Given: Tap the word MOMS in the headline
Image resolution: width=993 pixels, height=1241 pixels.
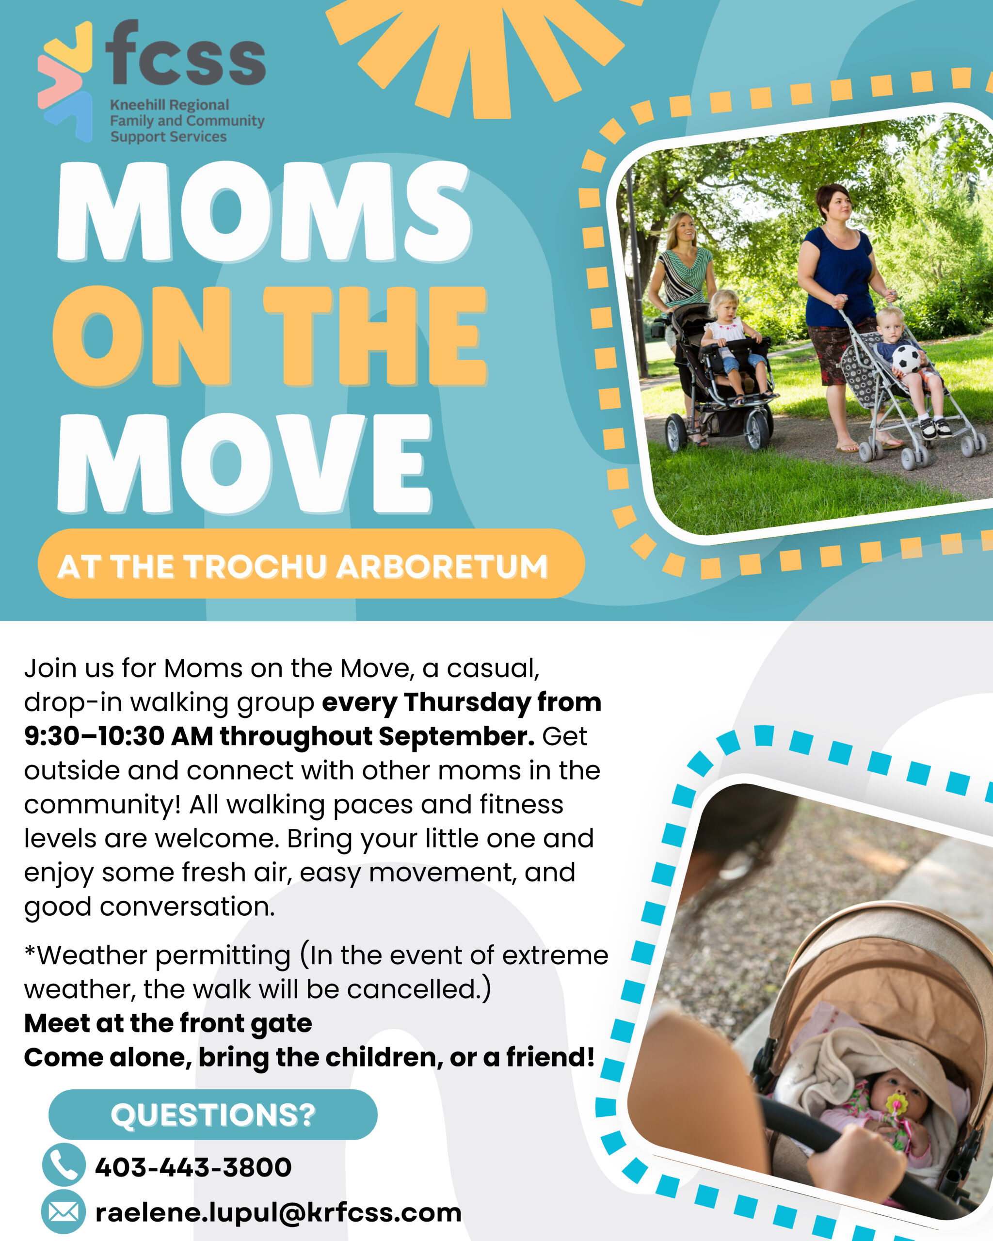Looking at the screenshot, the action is click(x=264, y=211).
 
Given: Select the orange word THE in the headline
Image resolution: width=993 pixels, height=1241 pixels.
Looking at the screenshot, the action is click(x=375, y=335).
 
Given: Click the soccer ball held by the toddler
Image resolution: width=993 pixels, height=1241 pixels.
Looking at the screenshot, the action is click(x=906, y=359).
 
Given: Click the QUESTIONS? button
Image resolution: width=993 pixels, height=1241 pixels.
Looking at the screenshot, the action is click(x=213, y=1114).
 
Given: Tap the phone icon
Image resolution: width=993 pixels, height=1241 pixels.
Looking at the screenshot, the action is click(x=64, y=1164).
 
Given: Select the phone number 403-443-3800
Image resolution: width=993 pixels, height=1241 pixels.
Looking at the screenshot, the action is click(x=193, y=1167).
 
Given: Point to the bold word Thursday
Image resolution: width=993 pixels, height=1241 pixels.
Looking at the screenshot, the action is click(x=467, y=703).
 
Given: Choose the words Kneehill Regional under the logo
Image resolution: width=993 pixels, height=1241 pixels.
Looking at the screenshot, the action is click(x=169, y=105).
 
